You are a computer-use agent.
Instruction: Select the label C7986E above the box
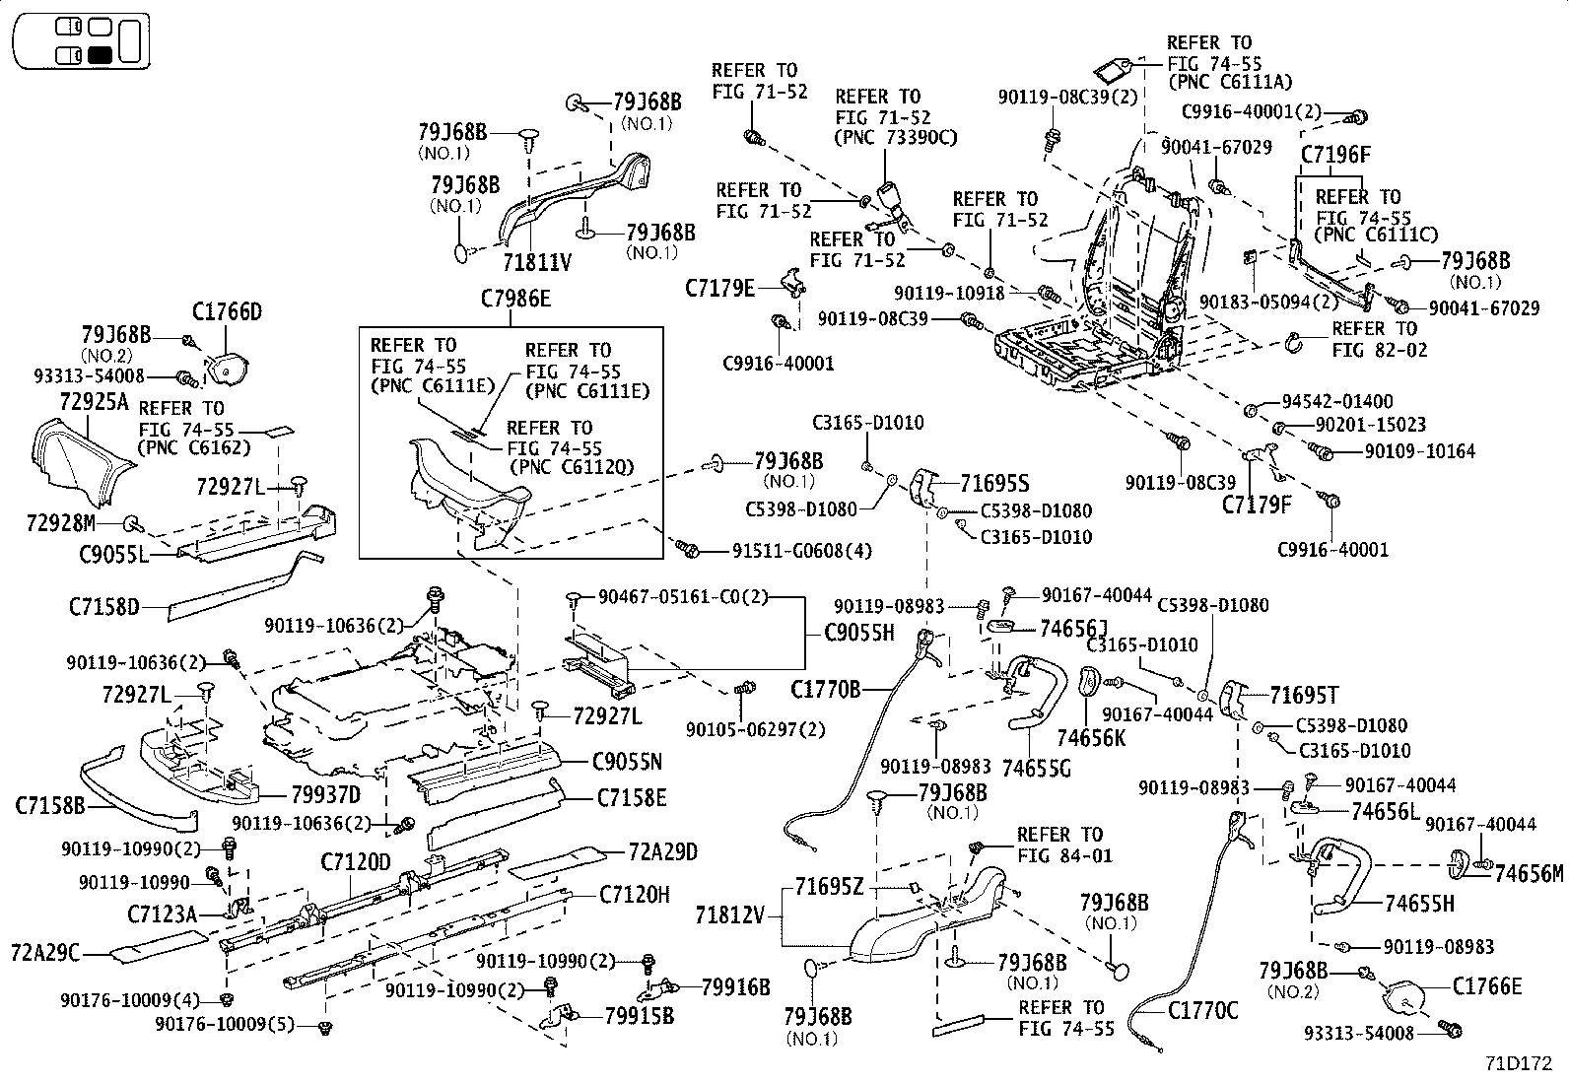[515, 299]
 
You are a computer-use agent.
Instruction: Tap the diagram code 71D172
[1519, 1064]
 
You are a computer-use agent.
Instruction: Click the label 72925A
[94, 401]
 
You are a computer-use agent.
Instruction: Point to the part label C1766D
[227, 312]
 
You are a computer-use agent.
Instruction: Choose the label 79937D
[325, 794]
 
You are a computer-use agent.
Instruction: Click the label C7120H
[634, 895]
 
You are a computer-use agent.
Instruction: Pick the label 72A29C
[45, 953]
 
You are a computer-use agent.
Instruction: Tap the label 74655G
[1035, 769]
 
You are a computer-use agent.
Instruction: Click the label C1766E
[1486, 986]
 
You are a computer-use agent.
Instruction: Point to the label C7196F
[1335, 155]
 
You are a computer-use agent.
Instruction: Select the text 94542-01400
[1336, 402]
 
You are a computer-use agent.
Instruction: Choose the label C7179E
[719, 288]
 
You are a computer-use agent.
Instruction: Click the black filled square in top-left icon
[100, 55]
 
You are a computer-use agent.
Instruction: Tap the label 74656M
[1528, 873]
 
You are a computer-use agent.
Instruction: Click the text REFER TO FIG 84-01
[1059, 845]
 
